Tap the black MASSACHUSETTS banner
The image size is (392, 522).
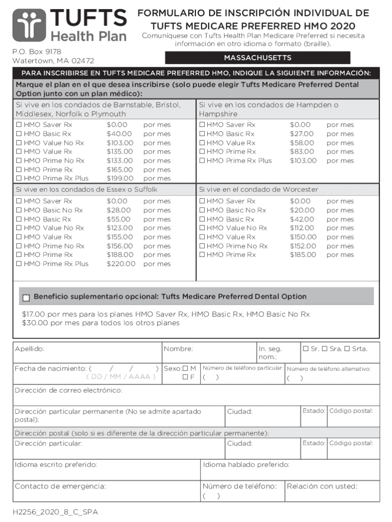click(258, 58)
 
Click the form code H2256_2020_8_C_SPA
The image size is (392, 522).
click(55, 512)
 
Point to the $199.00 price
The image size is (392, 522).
click(120, 178)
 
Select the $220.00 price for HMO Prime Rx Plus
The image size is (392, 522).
click(121, 264)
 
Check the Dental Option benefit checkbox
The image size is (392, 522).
click(26, 297)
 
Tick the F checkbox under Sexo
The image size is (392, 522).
click(186, 378)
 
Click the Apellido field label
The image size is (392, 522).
click(30, 349)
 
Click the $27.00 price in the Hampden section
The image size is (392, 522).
click(301, 134)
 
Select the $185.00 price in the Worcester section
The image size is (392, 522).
click(303, 255)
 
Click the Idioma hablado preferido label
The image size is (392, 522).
click(246, 465)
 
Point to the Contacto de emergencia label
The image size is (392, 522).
click(60, 486)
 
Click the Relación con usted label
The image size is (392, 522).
click(322, 486)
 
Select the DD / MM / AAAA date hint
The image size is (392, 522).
click(121, 377)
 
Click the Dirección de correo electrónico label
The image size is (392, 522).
click(68, 390)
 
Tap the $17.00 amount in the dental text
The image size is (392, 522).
click(34, 315)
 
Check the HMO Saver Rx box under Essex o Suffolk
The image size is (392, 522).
click(19, 201)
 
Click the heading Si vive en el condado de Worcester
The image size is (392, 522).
click(258, 190)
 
